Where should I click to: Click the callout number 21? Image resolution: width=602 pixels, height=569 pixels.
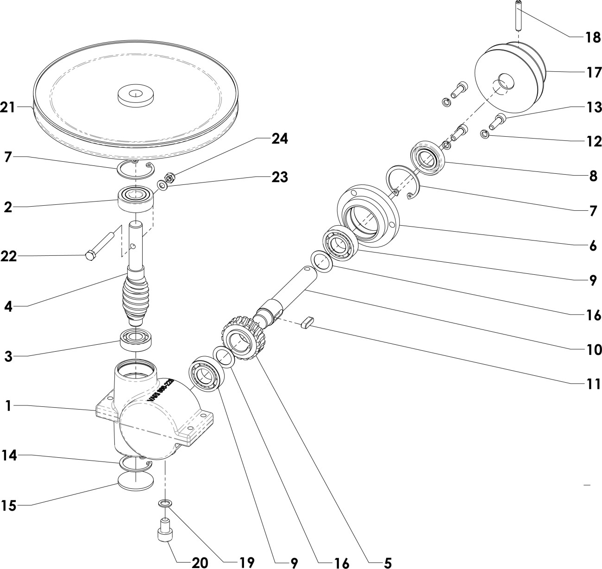[8, 107]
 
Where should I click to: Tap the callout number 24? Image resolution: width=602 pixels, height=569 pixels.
[279, 139]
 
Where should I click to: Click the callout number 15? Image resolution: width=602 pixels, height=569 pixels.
[9, 506]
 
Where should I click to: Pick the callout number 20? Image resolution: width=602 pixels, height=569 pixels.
[200, 563]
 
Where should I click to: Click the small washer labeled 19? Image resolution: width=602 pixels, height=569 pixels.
[165, 503]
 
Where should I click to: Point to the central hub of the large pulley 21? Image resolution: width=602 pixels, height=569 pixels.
[135, 95]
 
